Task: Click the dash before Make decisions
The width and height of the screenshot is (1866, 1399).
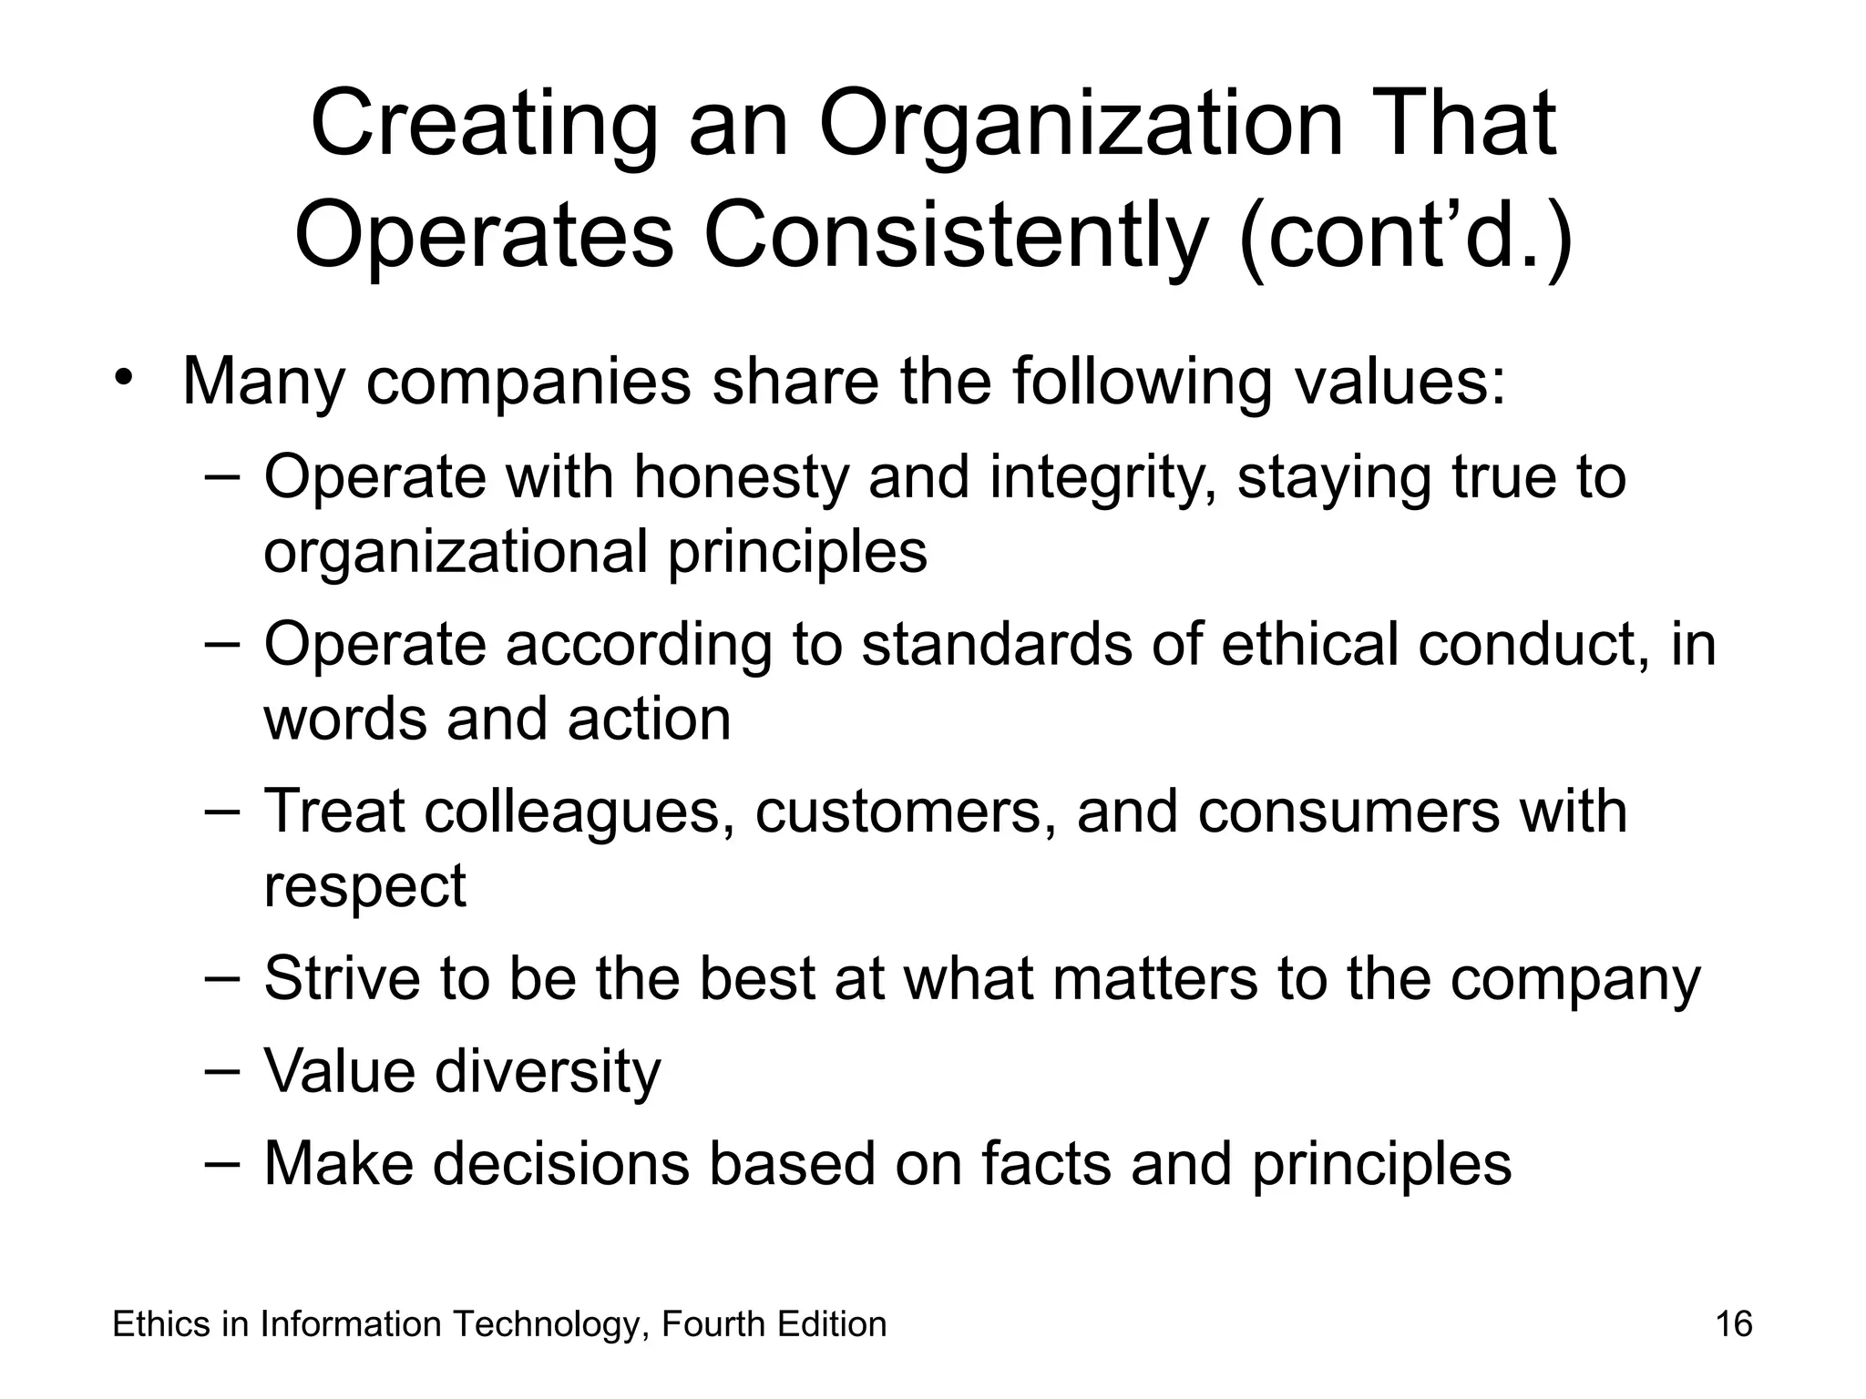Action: click(x=221, y=1162)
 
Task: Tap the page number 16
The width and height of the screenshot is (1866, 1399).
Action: click(x=1733, y=1323)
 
